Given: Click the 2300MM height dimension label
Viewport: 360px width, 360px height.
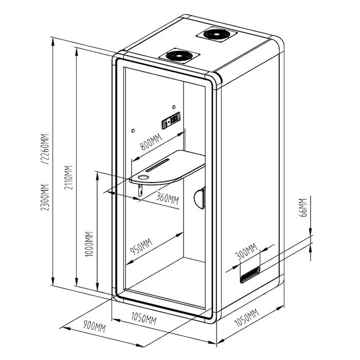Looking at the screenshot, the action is (x=45, y=197).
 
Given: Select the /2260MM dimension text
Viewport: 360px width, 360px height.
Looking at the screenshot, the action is (x=45, y=149).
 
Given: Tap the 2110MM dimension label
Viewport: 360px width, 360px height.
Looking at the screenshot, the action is (x=68, y=177).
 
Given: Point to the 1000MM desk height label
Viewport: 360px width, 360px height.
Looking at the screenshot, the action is (x=89, y=244).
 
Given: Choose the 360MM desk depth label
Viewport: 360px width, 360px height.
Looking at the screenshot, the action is (x=167, y=197).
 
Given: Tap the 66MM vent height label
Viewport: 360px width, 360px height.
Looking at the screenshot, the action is (x=303, y=207).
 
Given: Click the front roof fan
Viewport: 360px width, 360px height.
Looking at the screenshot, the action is (x=179, y=56).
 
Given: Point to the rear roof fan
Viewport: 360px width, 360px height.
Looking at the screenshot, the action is (x=217, y=34).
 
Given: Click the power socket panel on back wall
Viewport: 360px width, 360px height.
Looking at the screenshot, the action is (x=171, y=120).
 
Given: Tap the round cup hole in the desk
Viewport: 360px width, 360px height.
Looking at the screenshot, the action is (x=143, y=177).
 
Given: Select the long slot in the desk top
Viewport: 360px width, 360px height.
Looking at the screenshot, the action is (x=158, y=165).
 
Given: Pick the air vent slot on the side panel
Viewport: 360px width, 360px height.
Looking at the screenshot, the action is (x=250, y=275).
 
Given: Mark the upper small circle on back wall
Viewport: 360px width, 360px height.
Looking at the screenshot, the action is (x=174, y=107).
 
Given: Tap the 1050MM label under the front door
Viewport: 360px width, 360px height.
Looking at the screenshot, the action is (x=144, y=318).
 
